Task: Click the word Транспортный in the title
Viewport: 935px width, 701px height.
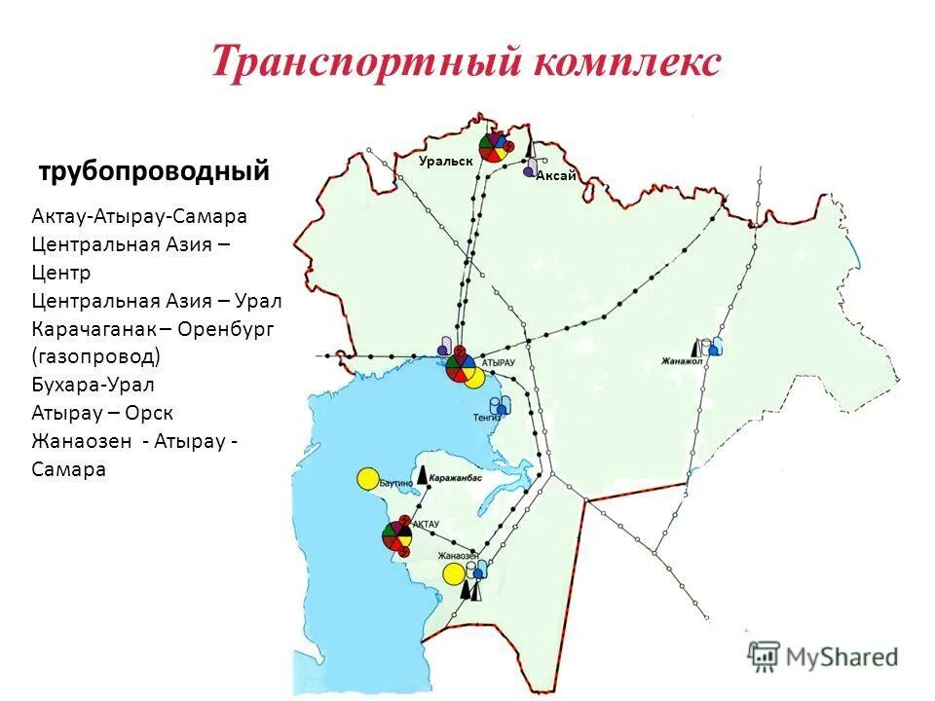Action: [x=365, y=62]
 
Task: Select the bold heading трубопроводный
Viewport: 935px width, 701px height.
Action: [x=154, y=172]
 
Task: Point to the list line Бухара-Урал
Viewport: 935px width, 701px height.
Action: [x=93, y=385]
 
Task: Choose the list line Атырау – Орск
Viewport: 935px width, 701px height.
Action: [x=102, y=413]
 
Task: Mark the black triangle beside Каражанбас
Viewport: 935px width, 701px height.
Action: [x=422, y=476]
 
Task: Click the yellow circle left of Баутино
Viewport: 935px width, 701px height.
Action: [x=367, y=479]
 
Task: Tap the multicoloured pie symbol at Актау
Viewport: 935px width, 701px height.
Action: [x=396, y=536]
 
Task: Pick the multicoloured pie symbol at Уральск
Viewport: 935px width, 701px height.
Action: [x=494, y=148]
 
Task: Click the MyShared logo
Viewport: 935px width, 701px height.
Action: [x=823, y=657]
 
